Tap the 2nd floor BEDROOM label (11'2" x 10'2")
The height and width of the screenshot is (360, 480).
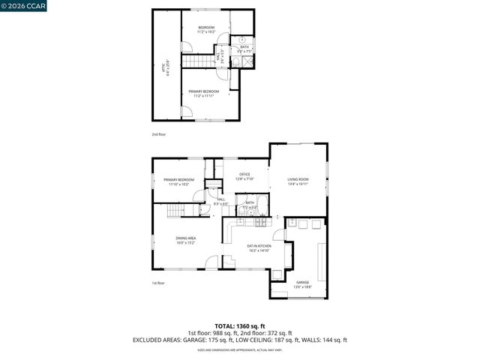point(205,30)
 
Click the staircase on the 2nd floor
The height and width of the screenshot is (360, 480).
point(199,61)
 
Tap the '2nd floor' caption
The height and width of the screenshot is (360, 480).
point(158,134)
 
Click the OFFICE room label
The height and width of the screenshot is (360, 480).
point(245,176)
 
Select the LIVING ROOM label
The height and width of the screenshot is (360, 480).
point(298,181)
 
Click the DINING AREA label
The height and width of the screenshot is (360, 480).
point(185,241)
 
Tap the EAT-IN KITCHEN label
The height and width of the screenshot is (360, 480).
point(259,247)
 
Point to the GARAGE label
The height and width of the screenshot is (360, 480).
point(301,284)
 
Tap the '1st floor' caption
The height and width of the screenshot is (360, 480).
point(158,283)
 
